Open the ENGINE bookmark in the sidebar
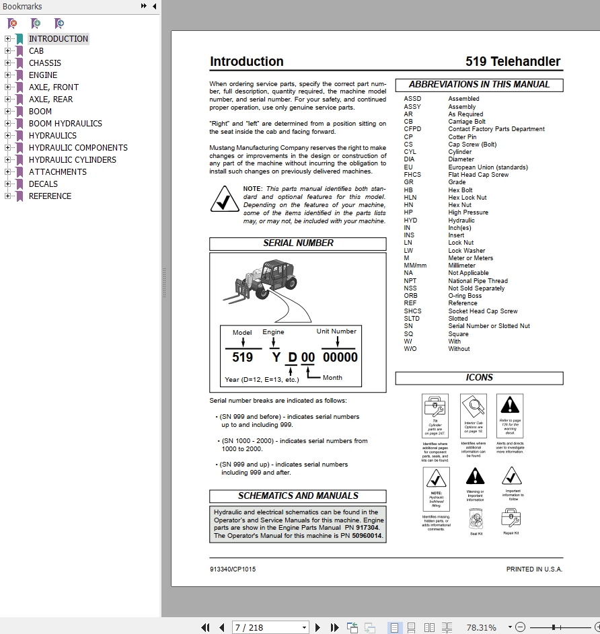coord(43,75)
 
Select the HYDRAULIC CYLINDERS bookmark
coord(72,160)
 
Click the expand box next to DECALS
coord(7,184)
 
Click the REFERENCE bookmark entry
coord(50,196)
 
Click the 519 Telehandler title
coord(513,62)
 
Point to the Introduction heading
coord(247,62)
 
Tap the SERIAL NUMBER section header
coord(298,243)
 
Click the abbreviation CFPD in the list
coord(412,129)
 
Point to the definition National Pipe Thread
coord(478,281)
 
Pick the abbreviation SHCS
coord(412,311)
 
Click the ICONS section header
coord(479,378)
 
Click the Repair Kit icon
coord(510,518)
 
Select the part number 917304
coord(367,528)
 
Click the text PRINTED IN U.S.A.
coord(534,569)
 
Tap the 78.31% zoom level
coord(481,627)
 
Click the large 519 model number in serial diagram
coord(242,357)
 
